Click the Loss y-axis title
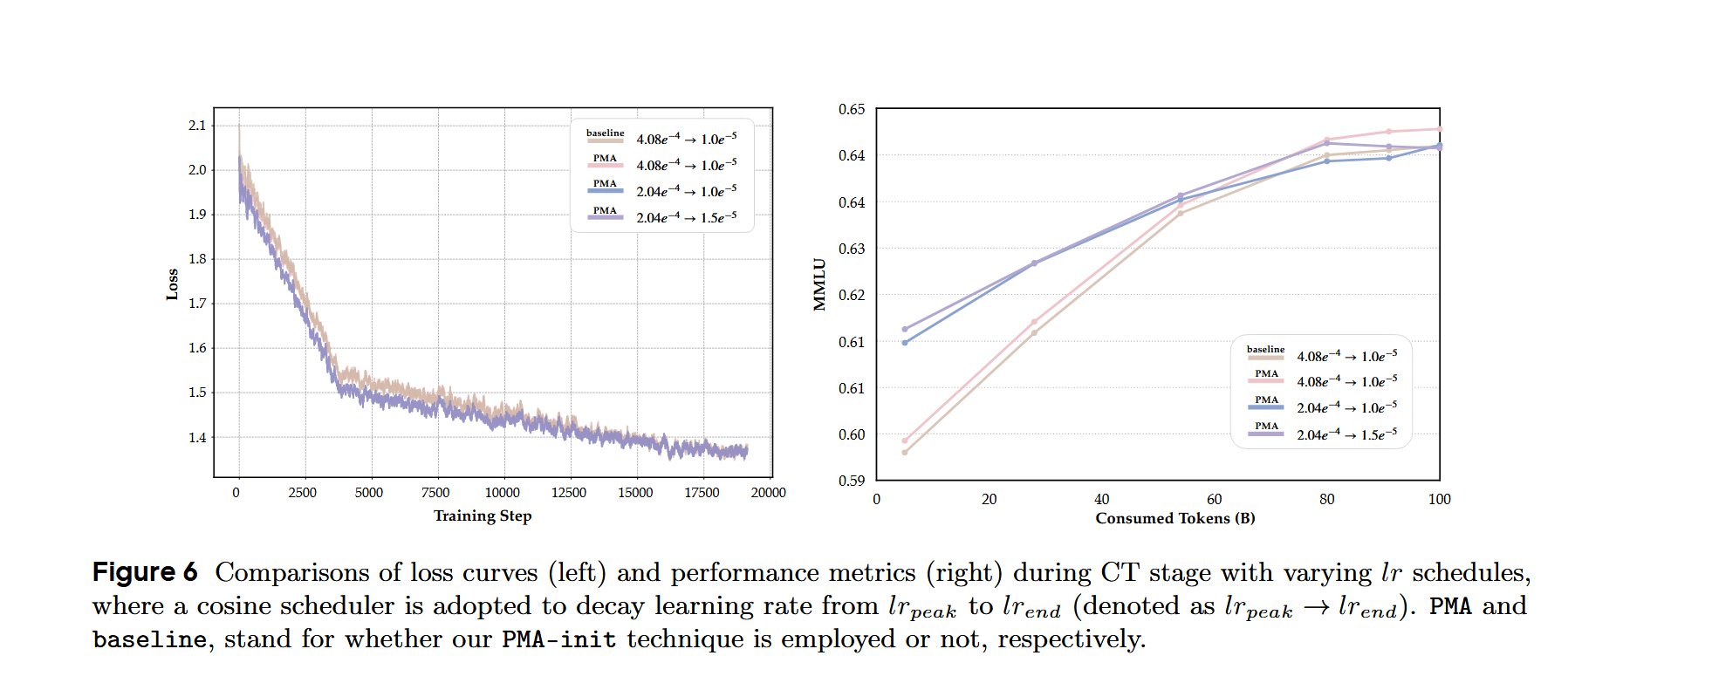coord(172,284)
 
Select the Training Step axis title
coord(483,516)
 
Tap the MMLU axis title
coord(819,284)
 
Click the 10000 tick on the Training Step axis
coord(502,493)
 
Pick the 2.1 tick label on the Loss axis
coord(197,126)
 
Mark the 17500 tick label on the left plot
coord(702,493)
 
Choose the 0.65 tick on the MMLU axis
coord(852,109)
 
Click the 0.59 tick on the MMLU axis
coord(852,481)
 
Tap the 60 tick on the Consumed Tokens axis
coord(1214,499)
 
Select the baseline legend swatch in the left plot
coord(605,140)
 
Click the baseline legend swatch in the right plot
coord(1265,357)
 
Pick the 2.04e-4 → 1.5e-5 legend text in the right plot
coord(1346,434)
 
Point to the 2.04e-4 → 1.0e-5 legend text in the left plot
coord(686,191)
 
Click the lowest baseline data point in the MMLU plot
coord(905,452)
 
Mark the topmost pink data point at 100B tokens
coord(1439,129)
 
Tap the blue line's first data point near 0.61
coord(905,343)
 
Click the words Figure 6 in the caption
coord(145,572)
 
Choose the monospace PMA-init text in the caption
coord(558,639)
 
